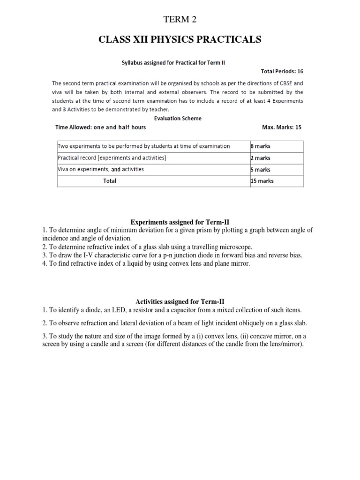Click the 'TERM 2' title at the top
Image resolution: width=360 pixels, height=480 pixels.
(x=180, y=19)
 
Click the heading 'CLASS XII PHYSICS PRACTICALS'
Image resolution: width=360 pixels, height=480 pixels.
(x=180, y=40)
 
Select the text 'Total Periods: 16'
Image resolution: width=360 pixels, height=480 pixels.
(x=282, y=71)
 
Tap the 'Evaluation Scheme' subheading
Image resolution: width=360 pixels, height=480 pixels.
(x=178, y=118)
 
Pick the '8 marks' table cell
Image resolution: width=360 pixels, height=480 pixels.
(x=261, y=146)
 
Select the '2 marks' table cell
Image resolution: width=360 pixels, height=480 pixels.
(x=261, y=158)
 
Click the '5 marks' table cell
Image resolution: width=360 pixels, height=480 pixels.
(x=261, y=170)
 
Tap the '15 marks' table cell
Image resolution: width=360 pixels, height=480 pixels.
(x=262, y=181)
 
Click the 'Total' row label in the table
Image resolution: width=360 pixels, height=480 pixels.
(x=110, y=181)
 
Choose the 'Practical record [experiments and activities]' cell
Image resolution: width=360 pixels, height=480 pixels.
(x=112, y=158)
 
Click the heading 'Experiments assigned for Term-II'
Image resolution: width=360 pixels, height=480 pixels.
(x=180, y=222)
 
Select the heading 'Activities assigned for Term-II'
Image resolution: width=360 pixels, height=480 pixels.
(x=180, y=301)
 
